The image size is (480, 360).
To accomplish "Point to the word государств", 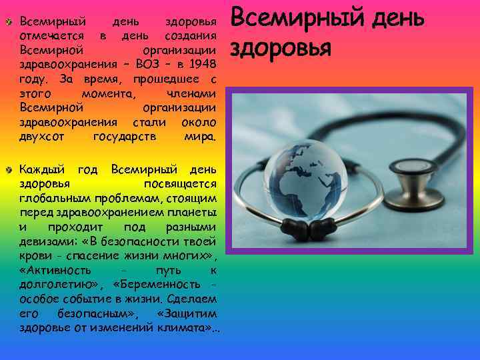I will (125, 137).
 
